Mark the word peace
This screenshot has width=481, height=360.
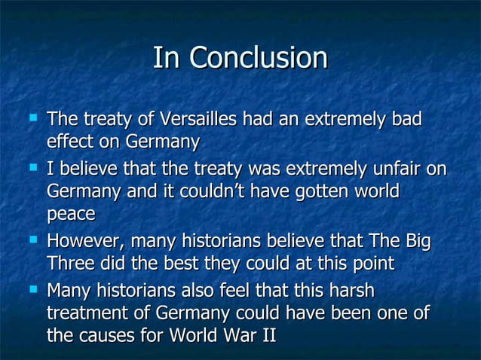71,215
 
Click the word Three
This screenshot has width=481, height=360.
71,264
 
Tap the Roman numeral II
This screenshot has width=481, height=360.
266,336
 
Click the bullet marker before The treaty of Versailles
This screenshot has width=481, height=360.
31,117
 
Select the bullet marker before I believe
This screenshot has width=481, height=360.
31,166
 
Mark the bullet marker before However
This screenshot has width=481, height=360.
31,239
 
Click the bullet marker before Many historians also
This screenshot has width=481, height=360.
31,288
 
